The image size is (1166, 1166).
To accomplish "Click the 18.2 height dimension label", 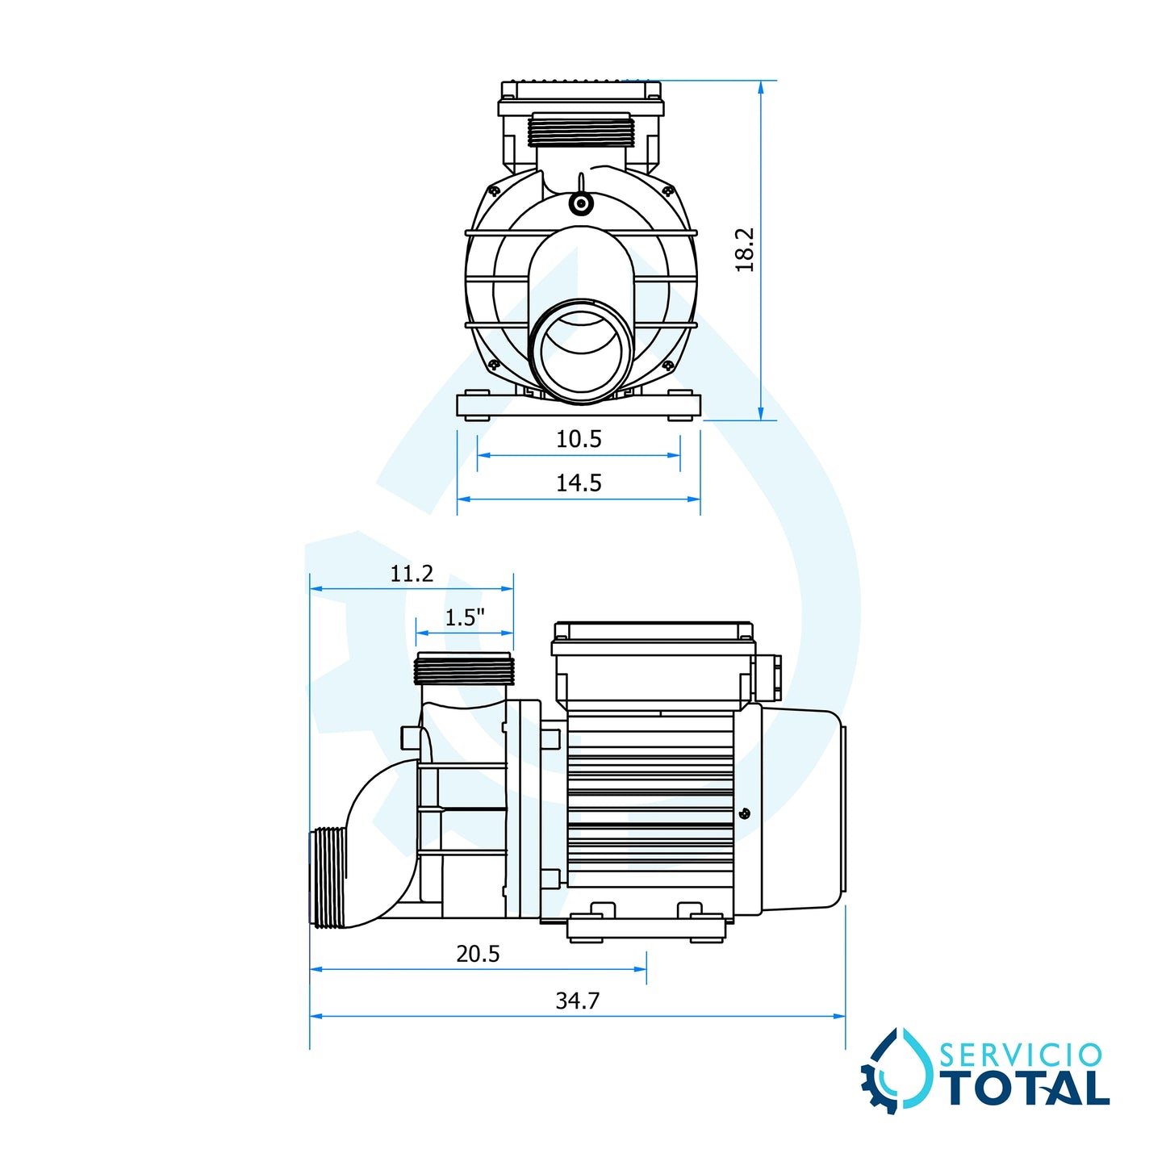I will coord(745,249).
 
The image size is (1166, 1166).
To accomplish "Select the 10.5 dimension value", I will coord(579,439).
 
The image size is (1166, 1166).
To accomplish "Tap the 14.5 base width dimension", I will coord(579,483).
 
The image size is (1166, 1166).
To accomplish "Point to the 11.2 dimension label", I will coord(412,574).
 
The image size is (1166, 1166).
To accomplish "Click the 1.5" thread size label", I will coord(465,618).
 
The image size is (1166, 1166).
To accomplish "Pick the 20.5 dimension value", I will coord(478,954).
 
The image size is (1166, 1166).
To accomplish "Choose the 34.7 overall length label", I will coord(578,1001).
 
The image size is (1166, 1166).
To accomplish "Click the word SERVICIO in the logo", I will coord(1021,1055).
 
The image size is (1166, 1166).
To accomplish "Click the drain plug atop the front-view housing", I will coord(580,203).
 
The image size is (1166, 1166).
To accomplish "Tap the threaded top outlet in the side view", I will coord(464,669).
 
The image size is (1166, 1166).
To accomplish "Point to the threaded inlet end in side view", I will coord(328,878).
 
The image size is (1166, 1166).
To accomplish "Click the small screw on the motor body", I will coord(744,813).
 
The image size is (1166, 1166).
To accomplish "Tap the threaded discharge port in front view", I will coord(581,132).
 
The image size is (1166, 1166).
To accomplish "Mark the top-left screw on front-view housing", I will coord(493,191).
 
